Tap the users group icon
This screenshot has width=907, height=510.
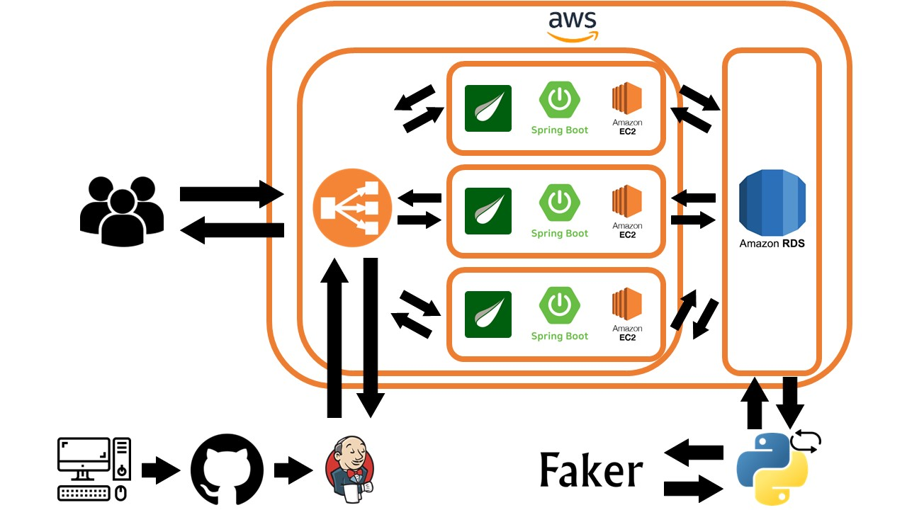pos(121,210)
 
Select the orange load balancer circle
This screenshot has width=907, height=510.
pos(352,206)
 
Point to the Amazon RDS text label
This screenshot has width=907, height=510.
pos(772,244)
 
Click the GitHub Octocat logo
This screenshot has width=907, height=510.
pos(227,470)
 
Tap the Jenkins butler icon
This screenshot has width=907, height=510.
pos(350,470)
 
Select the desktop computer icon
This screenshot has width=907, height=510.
pos(94,469)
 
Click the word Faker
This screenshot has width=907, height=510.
pos(591,470)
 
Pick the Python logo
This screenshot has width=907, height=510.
pos(772,468)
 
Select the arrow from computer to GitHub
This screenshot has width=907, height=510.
pos(161,470)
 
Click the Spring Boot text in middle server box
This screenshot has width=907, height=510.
pos(560,234)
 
